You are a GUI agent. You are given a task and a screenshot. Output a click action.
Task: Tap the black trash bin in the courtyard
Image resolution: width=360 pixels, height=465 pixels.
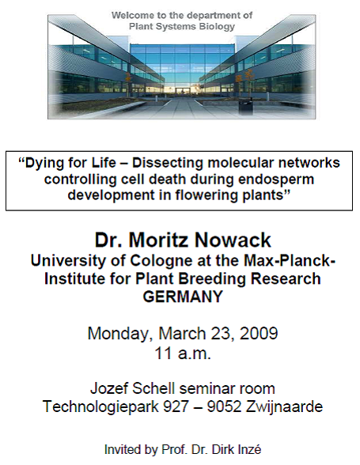click(x=246, y=106)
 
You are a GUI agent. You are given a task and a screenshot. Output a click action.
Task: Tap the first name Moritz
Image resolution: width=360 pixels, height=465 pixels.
click(x=159, y=240)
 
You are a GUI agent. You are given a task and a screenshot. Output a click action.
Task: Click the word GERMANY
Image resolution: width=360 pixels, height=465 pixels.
click(x=183, y=297)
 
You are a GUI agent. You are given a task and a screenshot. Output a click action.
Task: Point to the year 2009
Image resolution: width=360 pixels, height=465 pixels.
click(x=259, y=334)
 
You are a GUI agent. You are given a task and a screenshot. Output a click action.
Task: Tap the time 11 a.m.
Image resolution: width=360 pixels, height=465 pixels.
click(x=183, y=353)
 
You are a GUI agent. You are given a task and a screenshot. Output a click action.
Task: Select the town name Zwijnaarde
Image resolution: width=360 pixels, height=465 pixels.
click(x=284, y=406)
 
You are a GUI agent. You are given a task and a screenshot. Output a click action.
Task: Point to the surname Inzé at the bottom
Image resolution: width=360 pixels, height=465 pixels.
click(x=249, y=449)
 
